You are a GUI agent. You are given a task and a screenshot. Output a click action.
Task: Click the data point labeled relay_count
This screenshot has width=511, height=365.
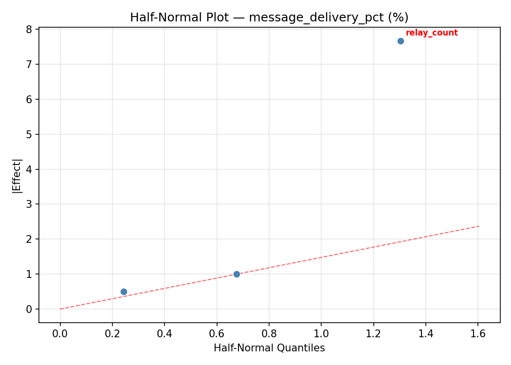[401, 41]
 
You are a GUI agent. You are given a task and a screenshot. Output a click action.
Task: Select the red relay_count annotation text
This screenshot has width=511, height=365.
[432, 33]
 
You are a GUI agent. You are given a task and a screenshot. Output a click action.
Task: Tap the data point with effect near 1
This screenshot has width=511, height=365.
[237, 274]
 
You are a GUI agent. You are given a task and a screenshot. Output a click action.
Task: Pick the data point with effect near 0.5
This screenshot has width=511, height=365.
[124, 292]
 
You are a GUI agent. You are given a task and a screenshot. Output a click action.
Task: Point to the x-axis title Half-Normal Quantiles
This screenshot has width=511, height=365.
[269, 348]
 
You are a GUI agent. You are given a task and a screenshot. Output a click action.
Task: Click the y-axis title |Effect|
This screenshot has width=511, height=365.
[17, 176]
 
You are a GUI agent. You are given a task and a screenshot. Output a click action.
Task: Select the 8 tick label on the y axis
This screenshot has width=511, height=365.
[29, 30]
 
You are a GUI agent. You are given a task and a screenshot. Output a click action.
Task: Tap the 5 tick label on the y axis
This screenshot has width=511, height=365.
[29, 134]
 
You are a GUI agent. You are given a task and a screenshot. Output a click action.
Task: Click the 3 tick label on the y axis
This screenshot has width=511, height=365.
[29, 204]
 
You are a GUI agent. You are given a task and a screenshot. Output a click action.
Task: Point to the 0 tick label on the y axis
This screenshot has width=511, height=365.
[29, 310]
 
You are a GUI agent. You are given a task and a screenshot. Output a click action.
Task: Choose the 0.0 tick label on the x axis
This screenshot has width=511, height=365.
[60, 334]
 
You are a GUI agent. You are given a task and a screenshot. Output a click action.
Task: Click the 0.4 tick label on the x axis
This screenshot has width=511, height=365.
[164, 334]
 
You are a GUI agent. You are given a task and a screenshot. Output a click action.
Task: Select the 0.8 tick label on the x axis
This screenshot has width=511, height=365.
[269, 334]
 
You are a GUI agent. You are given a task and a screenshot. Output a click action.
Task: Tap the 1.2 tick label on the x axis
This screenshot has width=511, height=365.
[373, 334]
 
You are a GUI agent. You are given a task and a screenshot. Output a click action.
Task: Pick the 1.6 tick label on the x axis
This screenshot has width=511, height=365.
[478, 334]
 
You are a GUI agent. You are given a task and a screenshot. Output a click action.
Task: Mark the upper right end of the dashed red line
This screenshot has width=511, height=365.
[479, 226]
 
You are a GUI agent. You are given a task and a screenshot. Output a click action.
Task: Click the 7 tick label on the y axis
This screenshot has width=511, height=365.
[29, 65]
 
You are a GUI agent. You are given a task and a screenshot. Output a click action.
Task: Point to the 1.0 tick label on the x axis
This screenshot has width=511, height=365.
[321, 334]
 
